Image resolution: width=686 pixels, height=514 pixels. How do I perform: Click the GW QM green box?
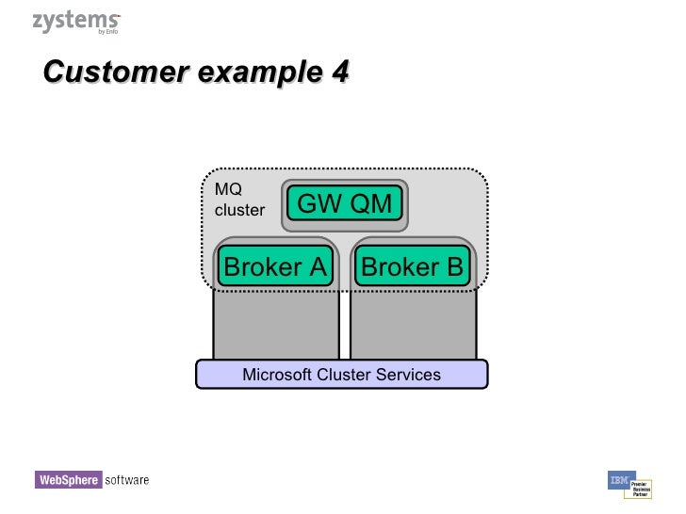click(x=345, y=203)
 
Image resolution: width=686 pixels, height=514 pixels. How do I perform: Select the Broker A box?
click(x=275, y=267)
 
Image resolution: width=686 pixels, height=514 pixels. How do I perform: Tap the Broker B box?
click(x=413, y=267)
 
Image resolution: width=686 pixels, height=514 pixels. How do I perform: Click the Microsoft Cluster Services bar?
click(x=341, y=375)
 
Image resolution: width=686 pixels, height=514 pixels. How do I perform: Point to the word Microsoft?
click(x=275, y=375)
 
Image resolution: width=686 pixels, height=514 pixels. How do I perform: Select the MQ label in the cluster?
click(x=228, y=189)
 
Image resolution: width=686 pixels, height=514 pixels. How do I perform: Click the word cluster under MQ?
click(x=239, y=210)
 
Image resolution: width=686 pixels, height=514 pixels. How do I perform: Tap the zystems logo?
click(x=75, y=22)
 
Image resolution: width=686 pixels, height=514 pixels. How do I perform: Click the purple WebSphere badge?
click(x=68, y=480)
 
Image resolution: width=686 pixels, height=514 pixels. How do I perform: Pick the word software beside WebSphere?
click(x=126, y=480)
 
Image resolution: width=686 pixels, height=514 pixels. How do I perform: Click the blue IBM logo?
click(x=620, y=479)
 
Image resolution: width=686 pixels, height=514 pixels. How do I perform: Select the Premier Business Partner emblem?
click(x=640, y=488)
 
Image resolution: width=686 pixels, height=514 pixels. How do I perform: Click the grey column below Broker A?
click(x=275, y=325)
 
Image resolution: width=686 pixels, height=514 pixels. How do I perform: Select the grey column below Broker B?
click(x=413, y=325)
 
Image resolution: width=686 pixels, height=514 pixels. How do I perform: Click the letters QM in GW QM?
click(x=369, y=203)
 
